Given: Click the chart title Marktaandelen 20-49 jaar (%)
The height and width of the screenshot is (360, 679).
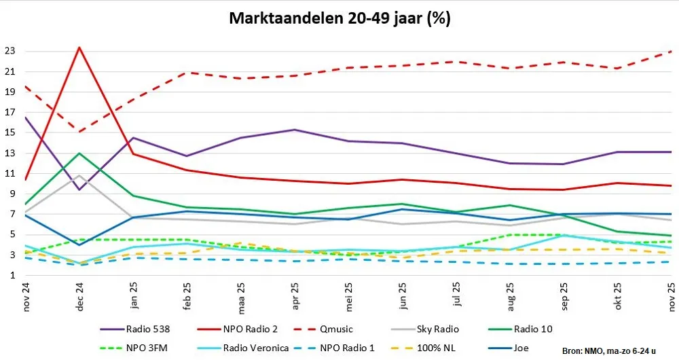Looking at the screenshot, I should tap(339, 18).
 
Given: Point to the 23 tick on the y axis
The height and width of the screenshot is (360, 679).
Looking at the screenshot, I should tap(11, 51).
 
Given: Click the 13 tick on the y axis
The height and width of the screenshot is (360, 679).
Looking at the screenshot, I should tap(11, 153).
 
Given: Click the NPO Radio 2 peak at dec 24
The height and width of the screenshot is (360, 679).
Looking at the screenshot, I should tap(80, 48).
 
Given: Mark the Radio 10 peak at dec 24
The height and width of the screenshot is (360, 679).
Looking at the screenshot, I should tap(80, 153).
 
